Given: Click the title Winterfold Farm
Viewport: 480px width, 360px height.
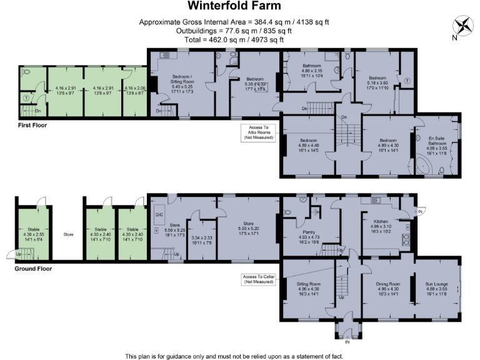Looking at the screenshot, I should tap(234, 7).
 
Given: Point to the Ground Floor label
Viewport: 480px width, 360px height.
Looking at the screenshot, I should tap(32, 269).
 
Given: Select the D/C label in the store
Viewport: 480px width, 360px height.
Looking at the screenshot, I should tap(158, 214).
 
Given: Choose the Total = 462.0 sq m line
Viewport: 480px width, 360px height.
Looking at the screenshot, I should tap(234, 39).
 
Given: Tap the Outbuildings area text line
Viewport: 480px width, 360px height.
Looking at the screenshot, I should tap(234, 31).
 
